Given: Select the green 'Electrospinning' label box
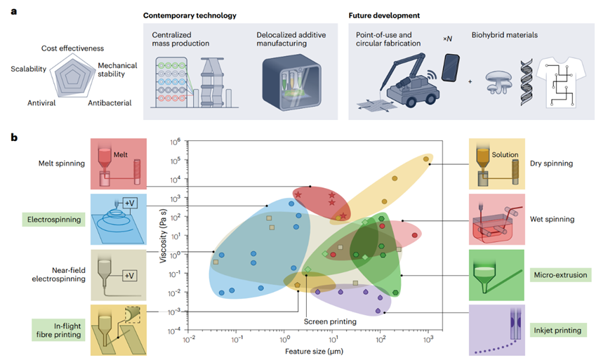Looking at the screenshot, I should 52,220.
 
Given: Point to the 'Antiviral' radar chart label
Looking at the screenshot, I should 41,103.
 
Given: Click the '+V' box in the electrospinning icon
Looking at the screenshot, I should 131,204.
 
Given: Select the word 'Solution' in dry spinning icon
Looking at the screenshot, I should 505,154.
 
